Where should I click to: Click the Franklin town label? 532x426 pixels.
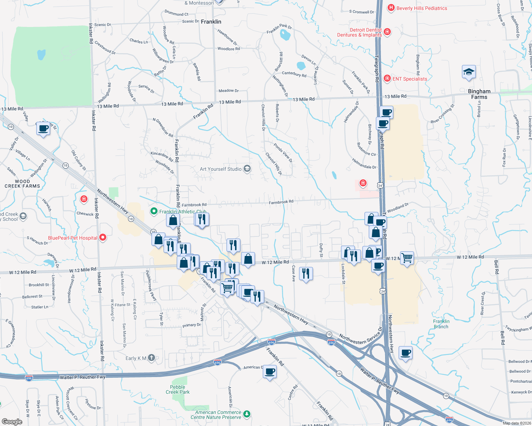click(211, 22)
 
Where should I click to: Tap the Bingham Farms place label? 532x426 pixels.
click(479, 94)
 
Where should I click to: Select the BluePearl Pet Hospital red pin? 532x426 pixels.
click(103, 237)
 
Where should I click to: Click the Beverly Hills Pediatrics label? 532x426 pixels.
click(422, 8)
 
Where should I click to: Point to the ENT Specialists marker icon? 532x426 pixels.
click(387, 78)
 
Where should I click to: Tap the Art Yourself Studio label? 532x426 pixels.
click(220, 169)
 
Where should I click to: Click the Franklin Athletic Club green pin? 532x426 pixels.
click(154, 211)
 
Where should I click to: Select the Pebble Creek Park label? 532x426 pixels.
click(177, 389)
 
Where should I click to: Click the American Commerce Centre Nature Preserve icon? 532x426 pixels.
click(247, 414)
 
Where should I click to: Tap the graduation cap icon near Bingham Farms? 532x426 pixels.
click(469, 72)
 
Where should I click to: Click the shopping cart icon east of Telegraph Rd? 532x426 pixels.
click(407, 257)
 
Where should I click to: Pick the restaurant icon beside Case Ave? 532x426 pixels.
click(306, 274)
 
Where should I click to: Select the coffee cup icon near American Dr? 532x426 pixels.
click(270, 372)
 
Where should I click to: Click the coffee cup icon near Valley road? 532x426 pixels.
click(43, 128)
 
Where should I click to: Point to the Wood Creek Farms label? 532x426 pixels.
click(22, 184)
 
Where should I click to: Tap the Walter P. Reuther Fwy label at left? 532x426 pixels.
click(83, 377)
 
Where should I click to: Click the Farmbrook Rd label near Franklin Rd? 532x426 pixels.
click(194, 205)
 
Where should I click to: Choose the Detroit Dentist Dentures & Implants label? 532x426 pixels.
click(360, 32)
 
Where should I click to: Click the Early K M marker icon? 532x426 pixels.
click(151, 357)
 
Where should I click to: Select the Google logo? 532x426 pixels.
click(12, 421)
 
